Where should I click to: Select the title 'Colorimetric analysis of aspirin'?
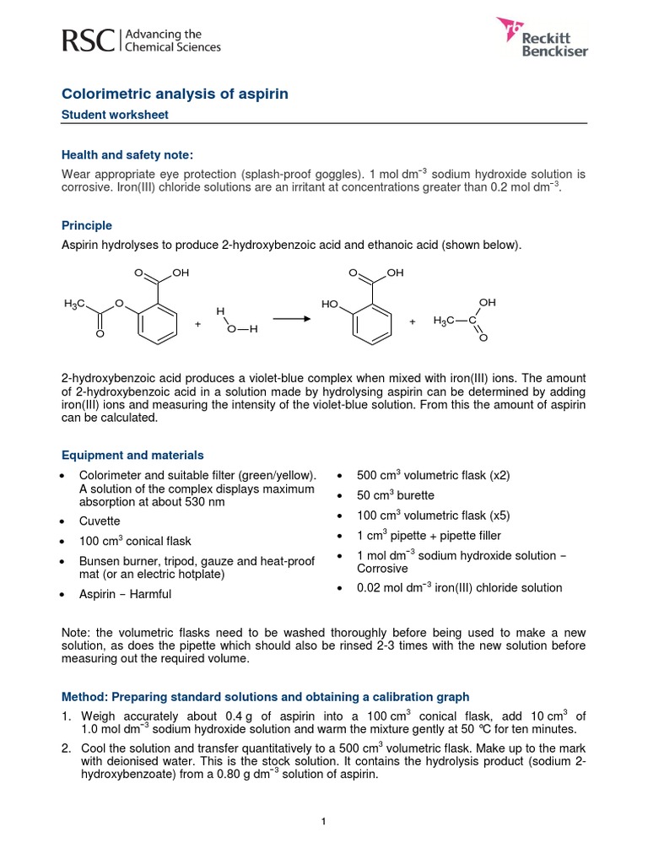point(175,94)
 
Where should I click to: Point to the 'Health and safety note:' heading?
point(127,154)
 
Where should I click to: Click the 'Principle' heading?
point(87,225)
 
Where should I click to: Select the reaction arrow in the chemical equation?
point(290,318)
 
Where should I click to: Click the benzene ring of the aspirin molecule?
point(155,320)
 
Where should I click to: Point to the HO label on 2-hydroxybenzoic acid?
point(329,304)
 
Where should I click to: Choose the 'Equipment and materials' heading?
point(132,455)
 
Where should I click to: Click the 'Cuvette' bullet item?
point(100,521)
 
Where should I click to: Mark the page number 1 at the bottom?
point(324,823)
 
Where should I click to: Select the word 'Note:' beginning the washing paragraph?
point(78,632)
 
